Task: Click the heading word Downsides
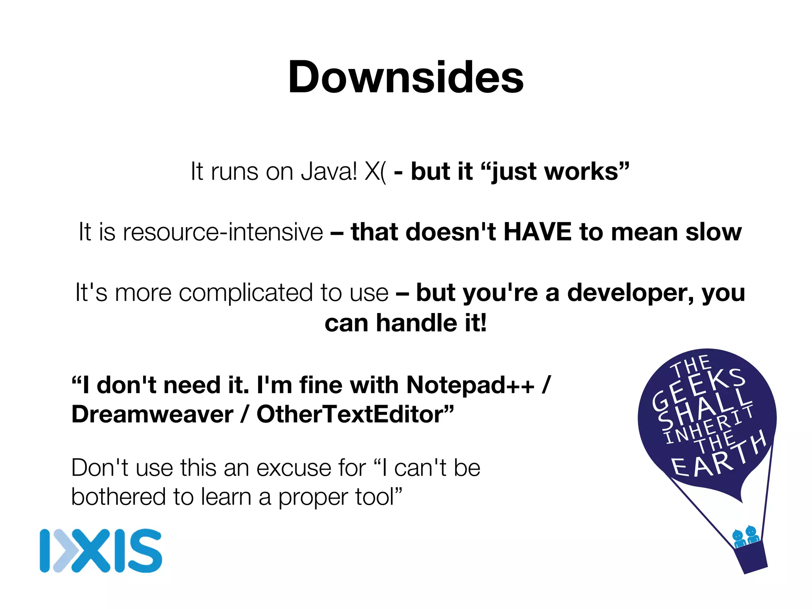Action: tap(406, 77)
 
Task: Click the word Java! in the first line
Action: tap(329, 171)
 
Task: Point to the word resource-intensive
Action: tap(223, 232)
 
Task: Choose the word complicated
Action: tap(246, 293)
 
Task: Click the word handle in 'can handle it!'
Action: tap(417, 323)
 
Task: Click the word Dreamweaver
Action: tap(152, 414)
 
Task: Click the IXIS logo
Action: tap(101, 551)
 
